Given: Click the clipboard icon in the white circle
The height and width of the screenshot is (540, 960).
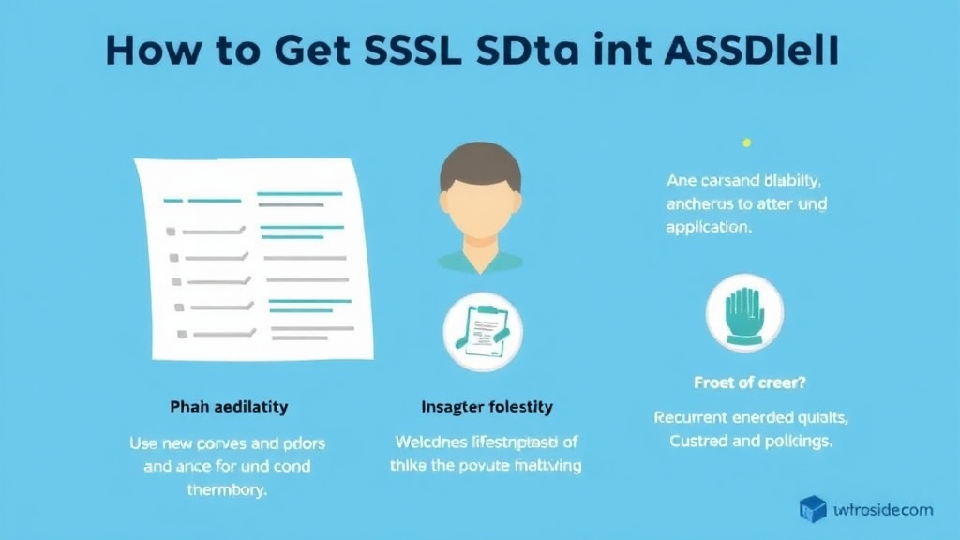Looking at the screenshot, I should coord(483,331).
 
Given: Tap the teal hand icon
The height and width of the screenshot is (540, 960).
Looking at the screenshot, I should coord(744,312).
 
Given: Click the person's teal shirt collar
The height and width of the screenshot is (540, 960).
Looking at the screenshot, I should coord(480,258).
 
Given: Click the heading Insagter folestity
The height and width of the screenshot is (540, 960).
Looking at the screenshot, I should coord(486,407).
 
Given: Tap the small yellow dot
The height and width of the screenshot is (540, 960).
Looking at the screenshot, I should coord(746,142).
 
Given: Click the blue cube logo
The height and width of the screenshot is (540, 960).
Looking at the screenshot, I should coord(813,509).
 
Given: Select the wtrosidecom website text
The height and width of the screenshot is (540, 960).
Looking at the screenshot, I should coord(882,510).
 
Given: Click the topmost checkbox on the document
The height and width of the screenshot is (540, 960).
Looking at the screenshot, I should coord(171,231).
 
